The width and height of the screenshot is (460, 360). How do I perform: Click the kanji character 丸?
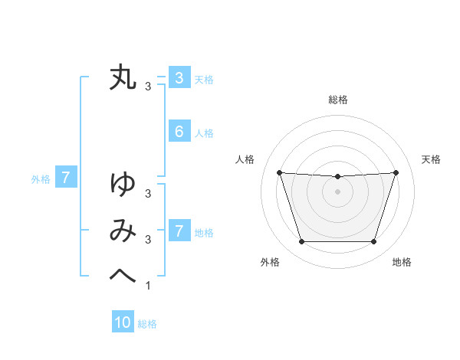point(123,78)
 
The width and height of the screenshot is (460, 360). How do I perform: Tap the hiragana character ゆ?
point(123,185)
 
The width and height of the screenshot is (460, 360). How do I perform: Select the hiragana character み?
point(123,230)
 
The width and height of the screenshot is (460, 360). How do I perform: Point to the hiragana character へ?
point(123,274)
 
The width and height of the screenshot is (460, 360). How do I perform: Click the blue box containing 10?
point(123,322)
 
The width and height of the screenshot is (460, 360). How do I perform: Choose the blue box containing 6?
point(179,132)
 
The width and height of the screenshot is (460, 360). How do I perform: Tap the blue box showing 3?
point(179,77)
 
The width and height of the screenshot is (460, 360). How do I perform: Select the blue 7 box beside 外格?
point(66,178)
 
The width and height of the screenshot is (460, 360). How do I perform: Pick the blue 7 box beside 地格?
point(179,231)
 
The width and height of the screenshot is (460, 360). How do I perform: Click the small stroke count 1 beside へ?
point(148,286)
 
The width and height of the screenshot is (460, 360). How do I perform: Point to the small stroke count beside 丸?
point(148,87)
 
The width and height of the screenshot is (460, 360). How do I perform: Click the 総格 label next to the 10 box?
point(147,324)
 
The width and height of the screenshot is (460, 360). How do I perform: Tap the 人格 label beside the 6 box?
point(204,133)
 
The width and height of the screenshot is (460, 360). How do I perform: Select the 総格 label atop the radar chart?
point(337,100)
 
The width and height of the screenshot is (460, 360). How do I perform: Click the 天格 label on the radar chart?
point(432,159)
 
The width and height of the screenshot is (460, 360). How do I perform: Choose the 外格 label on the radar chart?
point(270,262)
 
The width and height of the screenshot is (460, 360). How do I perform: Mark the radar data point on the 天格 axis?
point(396,173)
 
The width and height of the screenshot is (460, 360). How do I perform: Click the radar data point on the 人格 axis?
point(279,173)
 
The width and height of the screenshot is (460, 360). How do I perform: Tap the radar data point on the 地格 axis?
point(373,242)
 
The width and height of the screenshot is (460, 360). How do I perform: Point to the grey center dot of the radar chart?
point(337,191)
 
